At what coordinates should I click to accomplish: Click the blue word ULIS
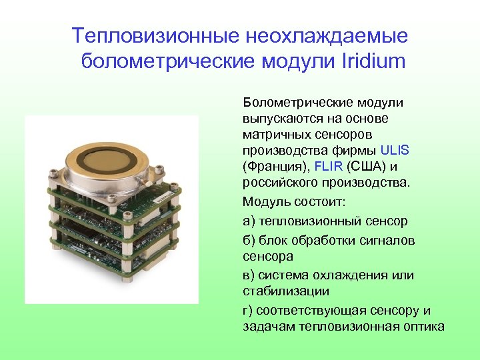pyautogui.click(x=395, y=150)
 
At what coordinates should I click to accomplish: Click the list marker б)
pyautogui.click(x=249, y=240)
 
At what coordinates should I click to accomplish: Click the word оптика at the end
pyautogui.click(x=423, y=326)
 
